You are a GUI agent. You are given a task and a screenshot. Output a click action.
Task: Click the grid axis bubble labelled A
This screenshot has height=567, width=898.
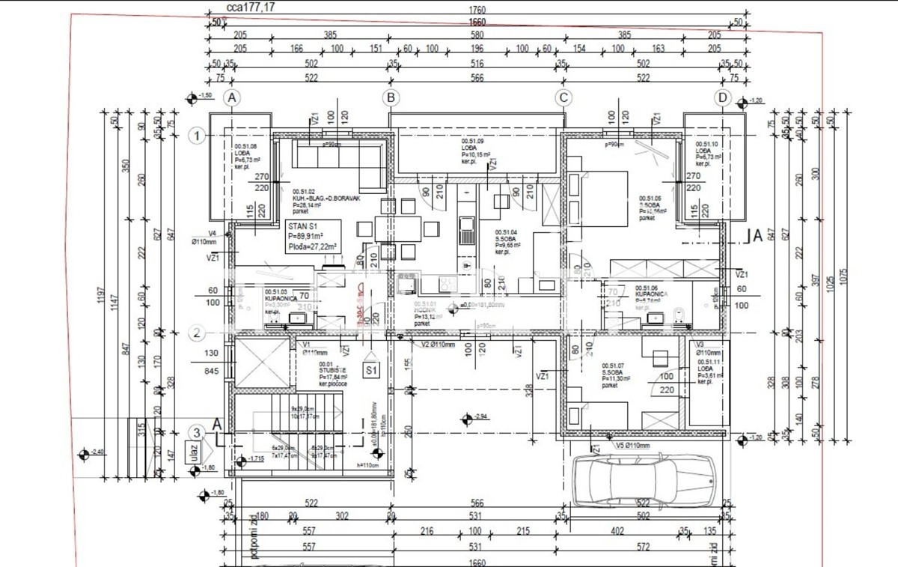coord(233,97)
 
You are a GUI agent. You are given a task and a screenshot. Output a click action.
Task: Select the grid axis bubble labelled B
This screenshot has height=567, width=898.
coord(390,97)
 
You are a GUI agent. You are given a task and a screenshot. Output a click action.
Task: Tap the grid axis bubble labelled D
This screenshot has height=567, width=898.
coord(722,97)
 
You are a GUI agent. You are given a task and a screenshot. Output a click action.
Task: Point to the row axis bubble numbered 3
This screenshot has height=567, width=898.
coord(196,432)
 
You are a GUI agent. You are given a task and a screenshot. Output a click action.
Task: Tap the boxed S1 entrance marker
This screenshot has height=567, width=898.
coord(371,370)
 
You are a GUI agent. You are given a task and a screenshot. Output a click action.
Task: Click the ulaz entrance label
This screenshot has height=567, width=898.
coord(188,452)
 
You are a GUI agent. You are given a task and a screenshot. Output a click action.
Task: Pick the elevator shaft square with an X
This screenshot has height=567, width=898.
coord(263,363)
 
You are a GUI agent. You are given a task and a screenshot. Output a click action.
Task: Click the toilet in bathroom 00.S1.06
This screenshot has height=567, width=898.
coord(679,316)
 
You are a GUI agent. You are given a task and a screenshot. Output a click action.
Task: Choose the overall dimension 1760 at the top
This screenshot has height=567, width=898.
coord(477,10)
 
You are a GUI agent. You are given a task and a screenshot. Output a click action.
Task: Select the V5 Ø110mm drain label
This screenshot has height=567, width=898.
coord(632,445)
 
